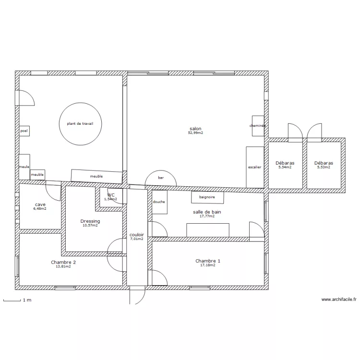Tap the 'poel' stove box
(x=24, y=131)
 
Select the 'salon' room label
(x=195, y=129)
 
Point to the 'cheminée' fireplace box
(x=258, y=126)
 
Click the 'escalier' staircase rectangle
(x=255, y=167)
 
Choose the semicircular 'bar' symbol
(x=161, y=170)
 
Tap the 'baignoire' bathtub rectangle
(x=207, y=197)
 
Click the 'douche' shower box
(x=159, y=202)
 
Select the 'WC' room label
(x=111, y=195)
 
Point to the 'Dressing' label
(x=90, y=221)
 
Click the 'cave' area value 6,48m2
(x=40, y=209)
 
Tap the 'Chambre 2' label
(x=63, y=262)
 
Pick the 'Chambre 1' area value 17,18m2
(x=208, y=265)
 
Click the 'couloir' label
(x=137, y=235)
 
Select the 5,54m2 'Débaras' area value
(x=285, y=167)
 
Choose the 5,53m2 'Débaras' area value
(x=324, y=167)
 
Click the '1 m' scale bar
(x=12, y=300)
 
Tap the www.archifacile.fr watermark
(x=339, y=300)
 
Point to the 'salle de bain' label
(x=207, y=212)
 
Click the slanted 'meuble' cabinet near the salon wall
(x=96, y=176)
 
